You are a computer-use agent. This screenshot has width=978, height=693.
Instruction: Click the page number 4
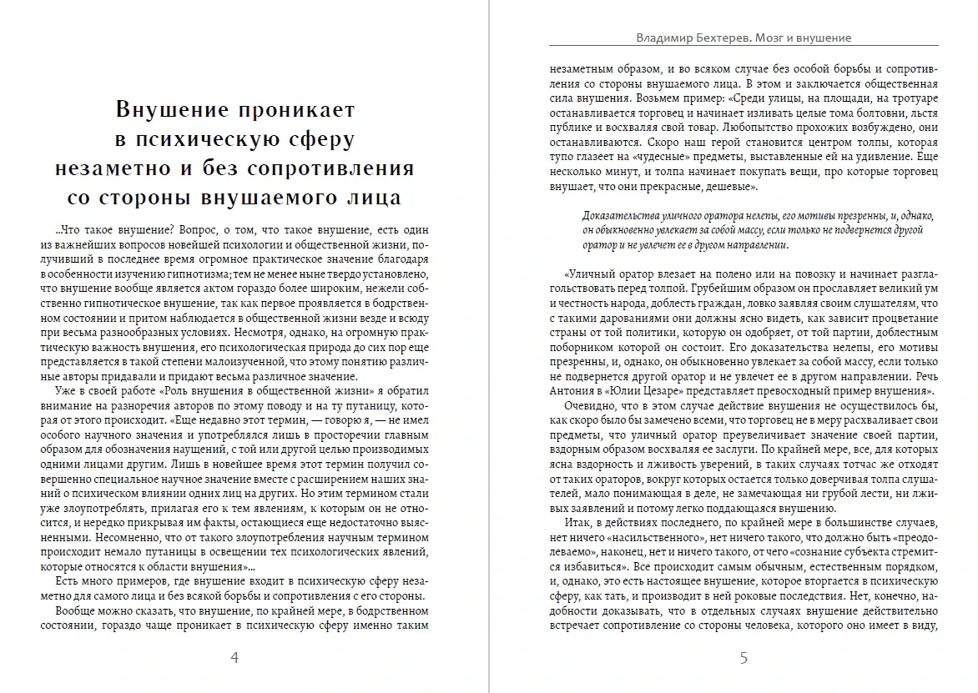coord(234,658)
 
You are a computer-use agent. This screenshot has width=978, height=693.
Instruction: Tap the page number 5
coord(744,658)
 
